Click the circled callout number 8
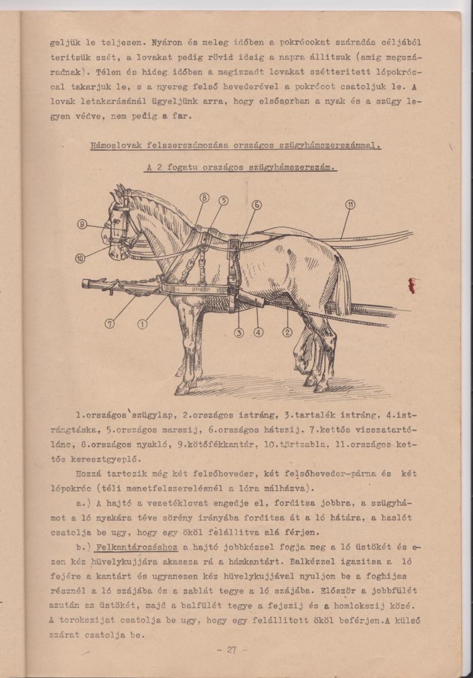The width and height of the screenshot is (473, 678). [204, 197]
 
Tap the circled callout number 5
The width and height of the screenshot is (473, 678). [223, 200]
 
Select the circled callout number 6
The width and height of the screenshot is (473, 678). [256, 205]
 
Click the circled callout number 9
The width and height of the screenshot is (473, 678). [83, 224]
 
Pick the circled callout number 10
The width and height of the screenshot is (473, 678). [81, 259]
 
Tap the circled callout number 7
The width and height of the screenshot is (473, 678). [110, 324]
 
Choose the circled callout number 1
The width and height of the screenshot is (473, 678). [142, 324]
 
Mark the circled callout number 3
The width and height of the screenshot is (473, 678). [239, 332]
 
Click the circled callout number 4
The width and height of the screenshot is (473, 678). [259, 332]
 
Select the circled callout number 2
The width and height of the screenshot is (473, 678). [287, 332]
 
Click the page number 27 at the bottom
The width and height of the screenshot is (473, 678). [231, 650]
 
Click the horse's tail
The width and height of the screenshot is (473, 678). [342, 282]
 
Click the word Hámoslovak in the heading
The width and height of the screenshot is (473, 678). [116, 146]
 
